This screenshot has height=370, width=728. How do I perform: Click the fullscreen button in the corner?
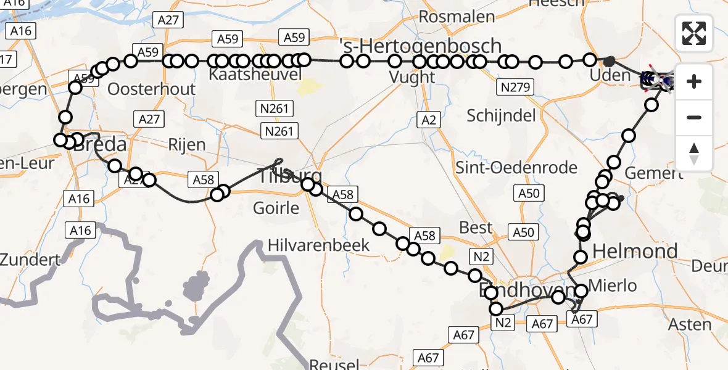click(694, 33)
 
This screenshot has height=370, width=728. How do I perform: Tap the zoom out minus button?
click(694, 117)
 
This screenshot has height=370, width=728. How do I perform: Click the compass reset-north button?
click(694, 153)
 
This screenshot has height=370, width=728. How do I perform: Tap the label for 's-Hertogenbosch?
click(420, 46)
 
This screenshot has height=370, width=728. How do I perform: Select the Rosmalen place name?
click(457, 17)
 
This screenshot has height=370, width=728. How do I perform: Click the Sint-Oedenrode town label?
click(516, 167)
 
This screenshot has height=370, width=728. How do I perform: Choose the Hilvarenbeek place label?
click(318, 245)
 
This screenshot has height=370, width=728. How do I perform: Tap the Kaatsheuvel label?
click(255, 75)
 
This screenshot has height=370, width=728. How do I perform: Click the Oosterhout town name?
click(151, 89)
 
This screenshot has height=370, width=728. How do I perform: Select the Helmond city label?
click(635, 251)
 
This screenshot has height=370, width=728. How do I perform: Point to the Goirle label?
click(276, 208)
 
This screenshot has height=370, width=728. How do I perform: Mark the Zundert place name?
click(31, 259)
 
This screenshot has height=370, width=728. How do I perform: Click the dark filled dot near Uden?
click(609, 61)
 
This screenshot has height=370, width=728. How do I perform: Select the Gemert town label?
click(653, 173)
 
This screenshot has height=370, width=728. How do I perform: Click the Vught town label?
click(412, 77)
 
